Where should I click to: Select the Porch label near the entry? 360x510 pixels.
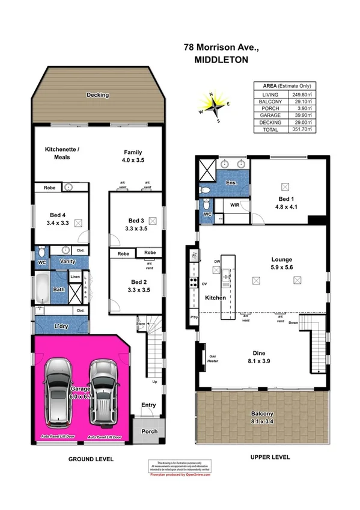tap(148, 432)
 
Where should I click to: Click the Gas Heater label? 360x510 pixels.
tap(213, 359)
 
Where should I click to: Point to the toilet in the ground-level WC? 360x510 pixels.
tap(40, 251)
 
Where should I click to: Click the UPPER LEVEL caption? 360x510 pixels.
tap(270, 457)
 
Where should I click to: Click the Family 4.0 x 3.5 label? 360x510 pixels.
tap(133, 156)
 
